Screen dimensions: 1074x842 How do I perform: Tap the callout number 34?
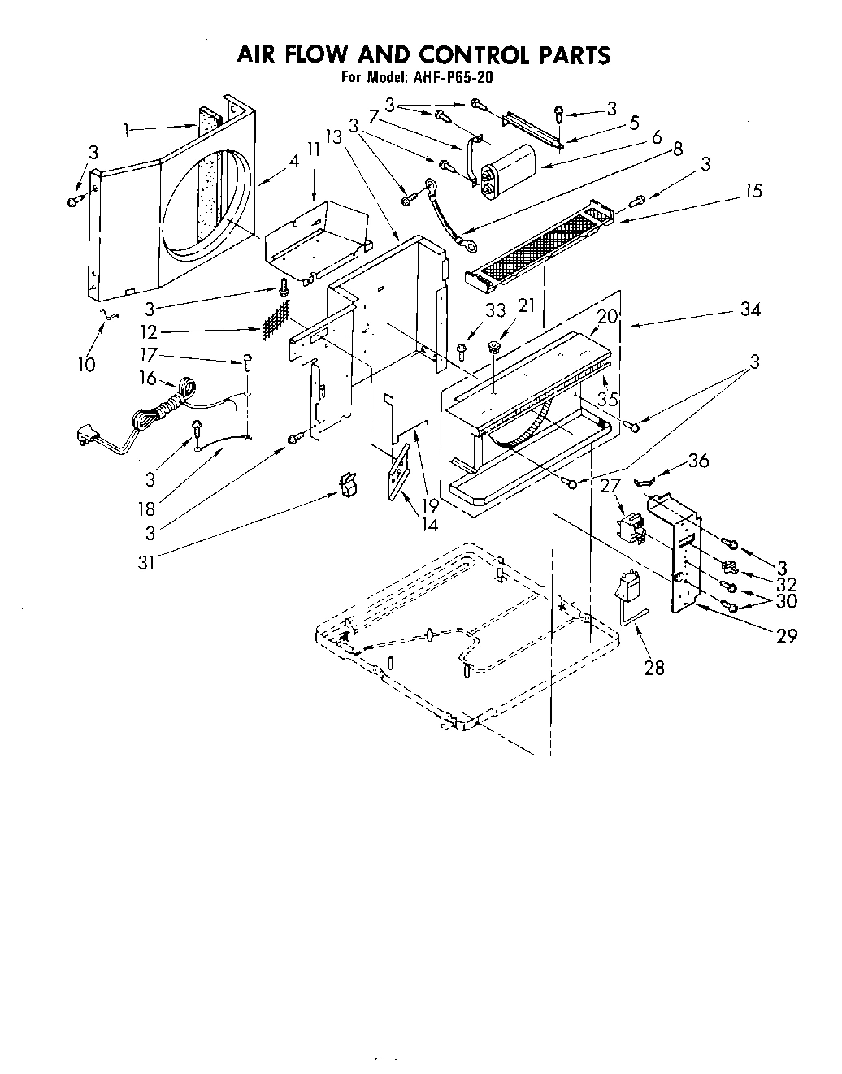pos(749,310)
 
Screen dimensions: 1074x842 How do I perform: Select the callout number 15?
pos(753,192)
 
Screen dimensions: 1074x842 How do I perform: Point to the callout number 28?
pos(653,668)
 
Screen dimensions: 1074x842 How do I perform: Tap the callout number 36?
pos(697,461)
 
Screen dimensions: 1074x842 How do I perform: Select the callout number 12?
pos(148,332)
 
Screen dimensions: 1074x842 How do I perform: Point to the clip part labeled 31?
pos(349,485)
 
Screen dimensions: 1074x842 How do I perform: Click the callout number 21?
pos(527,305)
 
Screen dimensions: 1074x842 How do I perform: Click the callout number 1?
pos(127,128)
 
